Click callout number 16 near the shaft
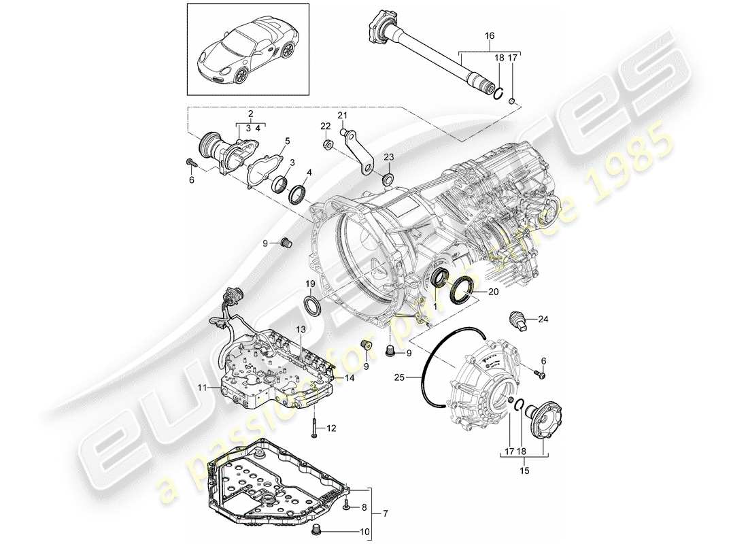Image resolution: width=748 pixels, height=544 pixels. click(490, 35)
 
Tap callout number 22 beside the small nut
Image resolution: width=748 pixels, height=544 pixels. click(326, 126)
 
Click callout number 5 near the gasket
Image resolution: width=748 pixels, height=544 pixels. click(287, 141)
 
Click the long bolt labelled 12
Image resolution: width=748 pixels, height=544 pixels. click(315, 427)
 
